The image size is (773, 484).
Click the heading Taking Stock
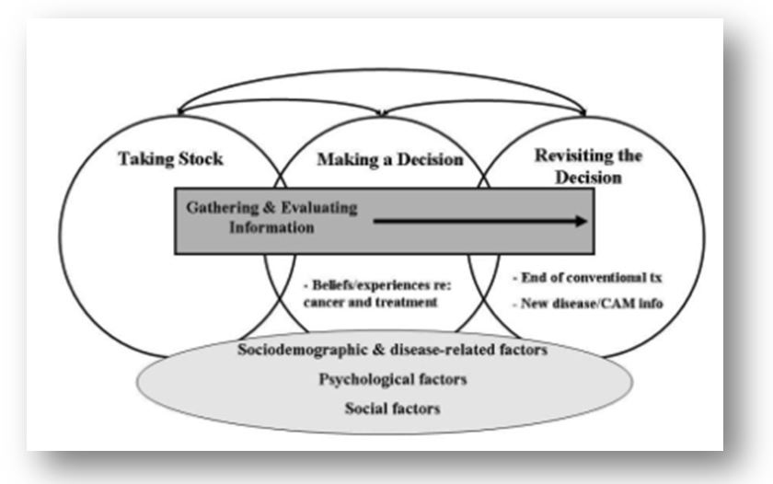[x=170, y=158]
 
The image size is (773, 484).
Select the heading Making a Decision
[x=390, y=160]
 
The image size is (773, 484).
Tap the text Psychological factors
[x=379, y=378]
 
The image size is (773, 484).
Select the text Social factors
[x=380, y=406]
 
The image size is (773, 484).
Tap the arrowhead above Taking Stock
[x=180, y=112]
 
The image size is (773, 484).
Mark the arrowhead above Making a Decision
[x=381, y=113]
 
